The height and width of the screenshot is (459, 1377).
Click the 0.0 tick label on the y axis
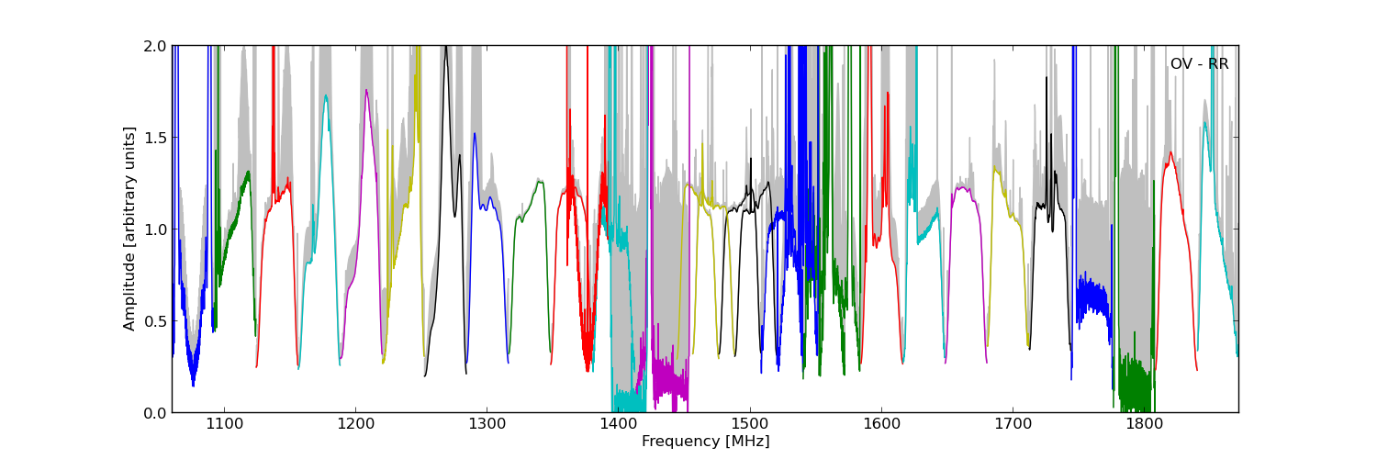pyautogui.click(x=155, y=413)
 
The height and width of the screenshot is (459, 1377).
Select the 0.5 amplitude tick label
pyautogui.click(x=155, y=321)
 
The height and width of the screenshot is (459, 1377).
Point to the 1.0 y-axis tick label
pyautogui.click(x=155, y=229)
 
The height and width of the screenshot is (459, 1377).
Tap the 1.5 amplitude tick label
pyautogui.click(x=155, y=138)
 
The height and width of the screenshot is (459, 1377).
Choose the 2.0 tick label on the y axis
pyautogui.click(x=155, y=46)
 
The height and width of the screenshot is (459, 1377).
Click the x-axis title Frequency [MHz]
pyautogui.click(x=705, y=442)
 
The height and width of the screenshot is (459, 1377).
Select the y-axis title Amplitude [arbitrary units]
pyautogui.click(x=129, y=229)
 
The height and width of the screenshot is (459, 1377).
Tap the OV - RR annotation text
pyautogui.click(x=1199, y=64)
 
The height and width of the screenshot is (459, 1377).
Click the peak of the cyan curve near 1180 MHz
pyautogui.click(x=325, y=95)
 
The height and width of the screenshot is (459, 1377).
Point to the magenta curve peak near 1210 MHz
pyautogui.click(x=366, y=90)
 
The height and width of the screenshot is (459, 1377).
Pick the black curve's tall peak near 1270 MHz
pyautogui.click(x=446, y=47)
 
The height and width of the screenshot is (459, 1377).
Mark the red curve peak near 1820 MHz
pyautogui.click(x=1170, y=153)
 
